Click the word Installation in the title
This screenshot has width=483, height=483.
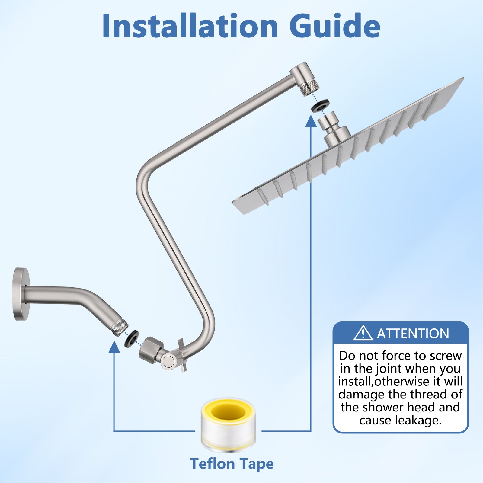(190, 26)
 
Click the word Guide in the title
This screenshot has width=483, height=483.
(335, 26)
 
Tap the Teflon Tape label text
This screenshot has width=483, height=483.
(232, 464)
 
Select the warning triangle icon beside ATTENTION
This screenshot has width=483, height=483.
(363, 333)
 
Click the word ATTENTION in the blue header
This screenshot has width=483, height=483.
(413, 334)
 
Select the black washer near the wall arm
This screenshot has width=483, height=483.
(132, 338)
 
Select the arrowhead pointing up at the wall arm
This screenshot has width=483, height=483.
(114, 347)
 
